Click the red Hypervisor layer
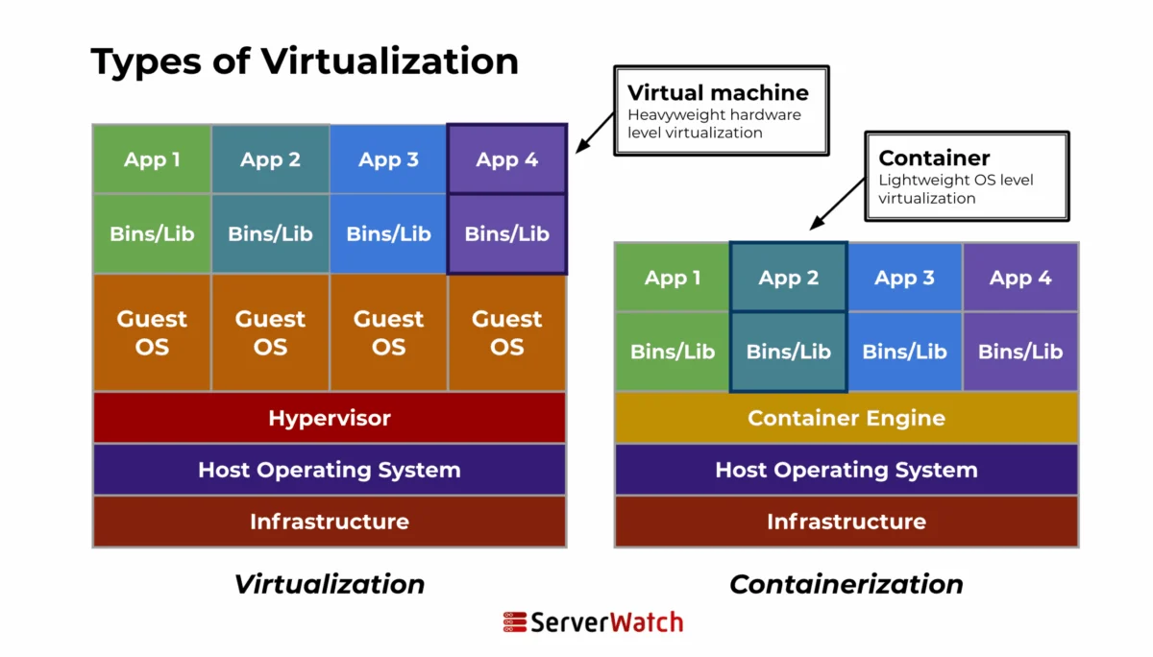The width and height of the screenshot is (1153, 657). tap(330, 418)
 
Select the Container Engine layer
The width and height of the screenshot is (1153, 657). tap(846, 418)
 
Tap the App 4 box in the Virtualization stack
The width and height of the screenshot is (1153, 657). tap(507, 159)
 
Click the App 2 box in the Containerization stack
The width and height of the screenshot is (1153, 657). tap(789, 278)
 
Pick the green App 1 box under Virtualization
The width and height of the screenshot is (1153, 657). tap(152, 159)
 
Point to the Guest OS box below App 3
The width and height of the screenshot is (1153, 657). tap(389, 332)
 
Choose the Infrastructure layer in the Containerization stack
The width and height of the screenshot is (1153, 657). tap(846, 522)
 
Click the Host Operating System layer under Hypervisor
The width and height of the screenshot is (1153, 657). tap(330, 470)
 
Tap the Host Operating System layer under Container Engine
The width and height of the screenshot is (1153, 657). tap(846, 470)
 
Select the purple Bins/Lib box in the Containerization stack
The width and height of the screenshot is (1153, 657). tap(1020, 352)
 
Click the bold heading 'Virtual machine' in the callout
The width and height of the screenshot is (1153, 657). tap(718, 93)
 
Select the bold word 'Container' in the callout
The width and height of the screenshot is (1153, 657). tap(934, 158)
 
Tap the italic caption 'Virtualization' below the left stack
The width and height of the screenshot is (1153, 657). tap(330, 584)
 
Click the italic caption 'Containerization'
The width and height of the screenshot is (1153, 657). tap(846, 584)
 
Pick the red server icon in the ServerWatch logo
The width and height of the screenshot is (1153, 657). tap(514, 622)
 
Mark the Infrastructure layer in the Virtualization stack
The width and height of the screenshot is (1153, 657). tap(330, 522)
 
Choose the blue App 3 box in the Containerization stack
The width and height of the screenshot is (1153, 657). tap(904, 278)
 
